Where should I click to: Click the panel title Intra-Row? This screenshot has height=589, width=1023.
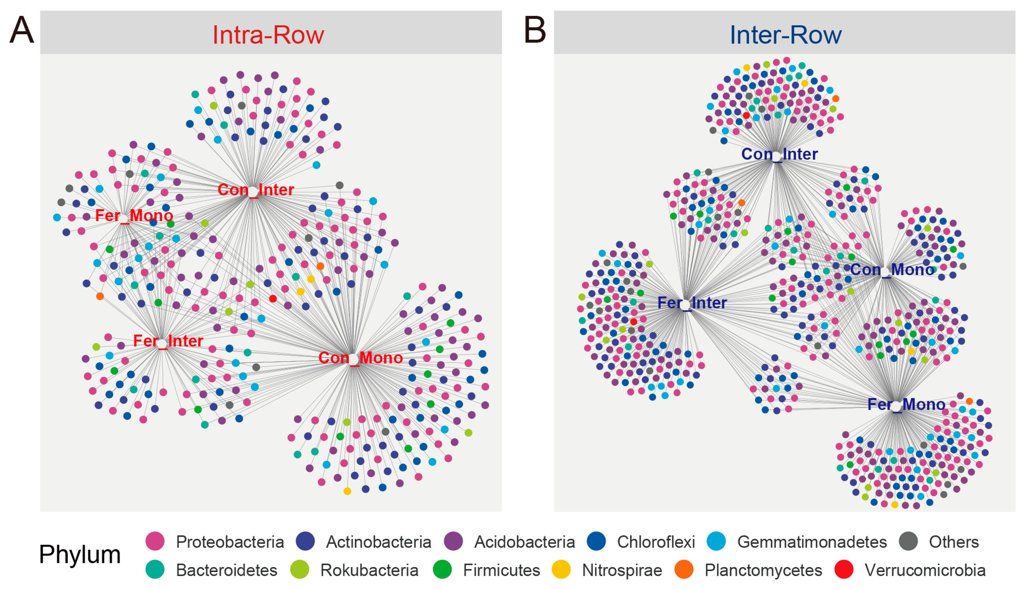[x=268, y=35]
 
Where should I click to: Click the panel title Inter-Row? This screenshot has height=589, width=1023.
[x=785, y=35]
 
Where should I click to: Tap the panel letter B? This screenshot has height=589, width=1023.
[x=535, y=30]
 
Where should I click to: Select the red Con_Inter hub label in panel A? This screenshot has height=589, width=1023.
[x=256, y=190]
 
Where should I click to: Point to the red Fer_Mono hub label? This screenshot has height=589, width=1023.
[x=134, y=216]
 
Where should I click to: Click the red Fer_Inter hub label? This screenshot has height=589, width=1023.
[x=168, y=341]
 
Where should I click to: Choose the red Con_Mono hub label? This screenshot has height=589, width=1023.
[x=360, y=358]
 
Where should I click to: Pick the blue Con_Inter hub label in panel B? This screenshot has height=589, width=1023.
[x=779, y=154]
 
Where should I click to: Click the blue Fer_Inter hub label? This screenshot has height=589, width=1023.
[x=692, y=303]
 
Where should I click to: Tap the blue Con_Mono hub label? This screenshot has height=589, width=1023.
[x=892, y=269]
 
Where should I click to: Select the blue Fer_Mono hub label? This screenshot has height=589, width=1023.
[x=906, y=404]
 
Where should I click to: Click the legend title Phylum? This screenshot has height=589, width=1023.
[x=80, y=554]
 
